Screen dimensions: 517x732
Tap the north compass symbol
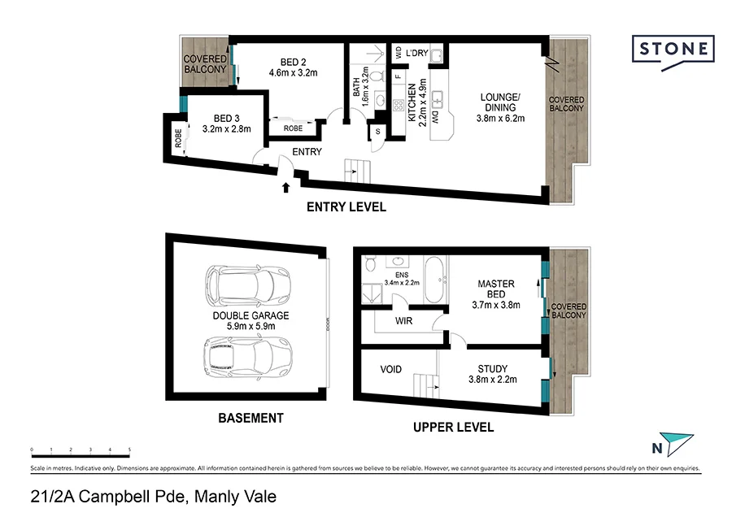click(674, 444)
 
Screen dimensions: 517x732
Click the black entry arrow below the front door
click(285, 188)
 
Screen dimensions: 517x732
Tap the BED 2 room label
click(292, 63)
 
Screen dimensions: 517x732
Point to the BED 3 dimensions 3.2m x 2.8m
click(226, 128)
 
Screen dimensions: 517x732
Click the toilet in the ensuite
click(370, 263)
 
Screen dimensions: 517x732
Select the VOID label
click(391, 370)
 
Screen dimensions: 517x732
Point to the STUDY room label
click(493, 367)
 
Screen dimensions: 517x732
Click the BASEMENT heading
click(251, 418)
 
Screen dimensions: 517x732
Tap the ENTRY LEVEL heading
click(346, 207)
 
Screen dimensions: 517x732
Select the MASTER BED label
click(495, 289)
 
